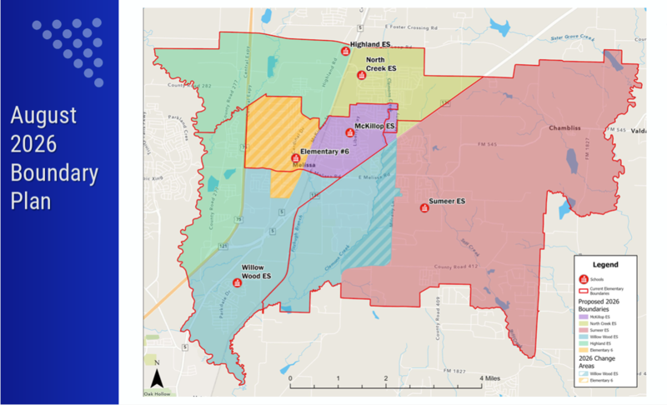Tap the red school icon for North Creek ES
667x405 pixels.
coord(361,75)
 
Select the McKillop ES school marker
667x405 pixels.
coord(350,132)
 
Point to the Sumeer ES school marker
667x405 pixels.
coord(425,208)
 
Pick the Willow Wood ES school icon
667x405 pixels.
coord(238,282)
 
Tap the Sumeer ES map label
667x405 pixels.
coord(447,202)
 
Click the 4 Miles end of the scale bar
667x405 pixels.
coord(481,377)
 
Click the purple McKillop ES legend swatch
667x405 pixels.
coord(583,317)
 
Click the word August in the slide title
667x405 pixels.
coord(43,114)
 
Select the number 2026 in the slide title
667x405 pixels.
coord(33,143)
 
